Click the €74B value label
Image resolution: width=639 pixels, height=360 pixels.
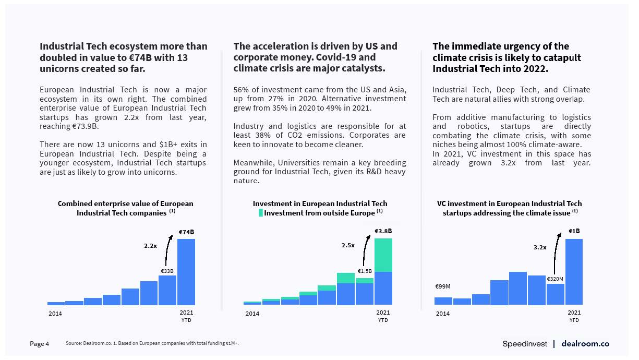[x=186, y=232]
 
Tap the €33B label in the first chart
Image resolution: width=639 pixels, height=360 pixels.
[x=167, y=271]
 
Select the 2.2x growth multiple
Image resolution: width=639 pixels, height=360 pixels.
[x=151, y=245]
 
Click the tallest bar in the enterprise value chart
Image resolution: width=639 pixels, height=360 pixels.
[x=186, y=272]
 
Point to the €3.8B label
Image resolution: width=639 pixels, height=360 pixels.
[x=383, y=231]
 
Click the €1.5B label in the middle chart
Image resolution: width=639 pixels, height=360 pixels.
[x=365, y=271]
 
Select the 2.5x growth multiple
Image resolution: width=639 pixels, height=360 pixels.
[x=348, y=245]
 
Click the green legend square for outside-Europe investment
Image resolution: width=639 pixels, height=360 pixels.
[x=261, y=213]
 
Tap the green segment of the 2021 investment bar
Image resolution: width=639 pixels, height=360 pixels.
[x=383, y=255]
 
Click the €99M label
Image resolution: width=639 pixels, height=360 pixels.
[x=443, y=286]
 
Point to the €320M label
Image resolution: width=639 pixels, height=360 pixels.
[x=555, y=279]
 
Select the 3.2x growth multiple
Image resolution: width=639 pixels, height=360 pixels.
[x=540, y=247]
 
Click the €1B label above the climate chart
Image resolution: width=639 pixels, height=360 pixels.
[x=574, y=231]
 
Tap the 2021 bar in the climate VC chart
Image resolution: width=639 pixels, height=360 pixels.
[x=574, y=272]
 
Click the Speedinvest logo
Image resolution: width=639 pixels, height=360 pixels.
[x=525, y=344]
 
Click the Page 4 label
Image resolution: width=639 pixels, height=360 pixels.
[x=40, y=344]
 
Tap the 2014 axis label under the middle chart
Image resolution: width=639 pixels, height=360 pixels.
[x=252, y=314]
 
